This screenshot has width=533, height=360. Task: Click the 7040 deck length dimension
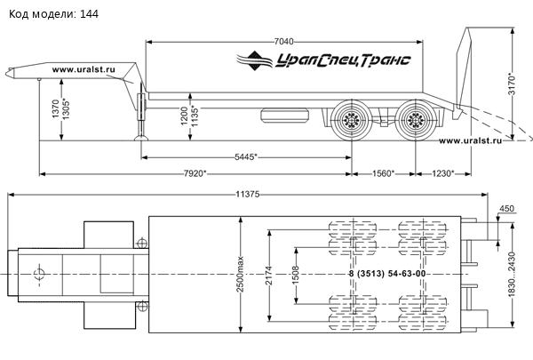[x=283, y=42]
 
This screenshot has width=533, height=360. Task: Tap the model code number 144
[x=89, y=14]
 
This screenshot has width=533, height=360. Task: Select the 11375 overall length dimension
[x=248, y=195]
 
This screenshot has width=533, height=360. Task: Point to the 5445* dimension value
[x=246, y=156]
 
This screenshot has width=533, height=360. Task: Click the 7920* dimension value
[x=195, y=173]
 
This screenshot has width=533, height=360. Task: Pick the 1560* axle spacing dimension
[x=383, y=173]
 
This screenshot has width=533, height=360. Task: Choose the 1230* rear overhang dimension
[x=443, y=173]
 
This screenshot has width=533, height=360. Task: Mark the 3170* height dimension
[x=512, y=84]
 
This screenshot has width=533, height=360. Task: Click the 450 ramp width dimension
[x=507, y=208]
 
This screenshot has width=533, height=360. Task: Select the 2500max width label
[x=240, y=274]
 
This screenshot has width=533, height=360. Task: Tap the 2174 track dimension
[x=269, y=276]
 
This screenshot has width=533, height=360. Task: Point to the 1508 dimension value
[x=296, y=276]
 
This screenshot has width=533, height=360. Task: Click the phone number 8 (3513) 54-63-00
[x=387, y=274]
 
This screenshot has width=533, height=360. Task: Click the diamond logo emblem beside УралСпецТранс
[x=255, y=60]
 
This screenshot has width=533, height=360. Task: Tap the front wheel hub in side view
[x=350, y=120]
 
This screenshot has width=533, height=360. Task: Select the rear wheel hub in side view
[x=415, y=120]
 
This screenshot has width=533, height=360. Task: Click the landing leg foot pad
[x=141, y=138]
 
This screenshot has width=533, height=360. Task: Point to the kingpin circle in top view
[x=39, y=274]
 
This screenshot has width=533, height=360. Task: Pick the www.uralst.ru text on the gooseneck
[x=84, y=69]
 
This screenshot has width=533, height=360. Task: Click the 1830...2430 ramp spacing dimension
[x=512, y=275]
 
